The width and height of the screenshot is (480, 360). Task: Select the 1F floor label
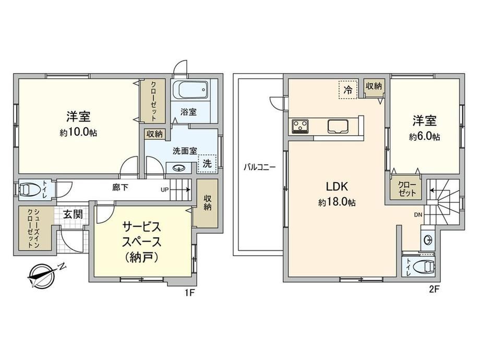(x=189, y=293)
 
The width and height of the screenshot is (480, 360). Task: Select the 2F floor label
(x=434, y=289)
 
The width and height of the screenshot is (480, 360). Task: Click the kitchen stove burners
(x=301, y=126)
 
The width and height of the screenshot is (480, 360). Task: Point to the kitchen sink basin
(x=338, y=126)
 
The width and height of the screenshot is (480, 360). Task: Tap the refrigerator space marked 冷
(x=348, y=89)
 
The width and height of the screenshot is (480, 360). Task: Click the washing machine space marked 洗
(x=207, y=163)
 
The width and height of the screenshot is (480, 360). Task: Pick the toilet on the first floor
(x=30, y=189)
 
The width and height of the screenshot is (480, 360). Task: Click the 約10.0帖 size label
(x=78, y=132)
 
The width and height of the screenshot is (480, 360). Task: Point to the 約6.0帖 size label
(x=425, y=136)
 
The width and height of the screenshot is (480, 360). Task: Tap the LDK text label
(x=337, y=186)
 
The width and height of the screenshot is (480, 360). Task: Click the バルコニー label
(x=260, y=167)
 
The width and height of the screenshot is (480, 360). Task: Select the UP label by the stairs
(x=165, y=189)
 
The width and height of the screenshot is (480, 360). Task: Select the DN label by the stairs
(x=418, y=215)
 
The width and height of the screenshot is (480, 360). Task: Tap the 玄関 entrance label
(x=73, y=214)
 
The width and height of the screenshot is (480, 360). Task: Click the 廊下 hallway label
(x=120, y=187)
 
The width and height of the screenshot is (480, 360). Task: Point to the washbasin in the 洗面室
(x=178, y=168)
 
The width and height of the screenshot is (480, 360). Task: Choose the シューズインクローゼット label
(x=33, y=229)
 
